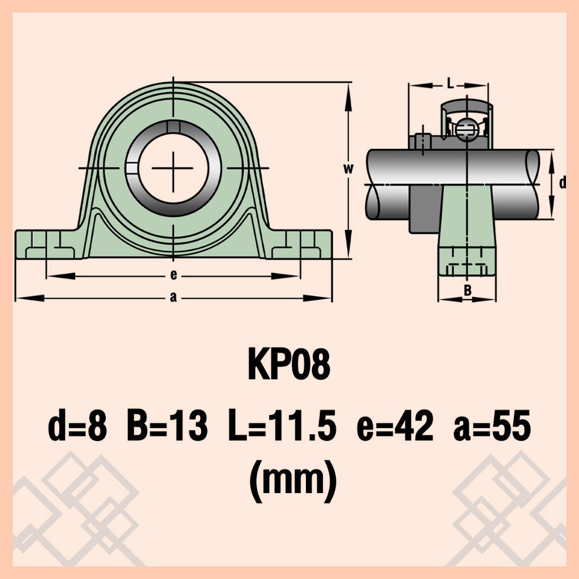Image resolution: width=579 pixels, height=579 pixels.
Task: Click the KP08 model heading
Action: coord(289,365)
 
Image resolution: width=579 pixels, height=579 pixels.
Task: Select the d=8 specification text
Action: coord(77,426)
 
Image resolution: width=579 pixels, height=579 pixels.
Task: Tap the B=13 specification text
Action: coord(167,426)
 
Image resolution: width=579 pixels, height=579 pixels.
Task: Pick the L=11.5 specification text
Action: coord(282,426)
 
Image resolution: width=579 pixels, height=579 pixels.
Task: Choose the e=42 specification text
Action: coord(395,426)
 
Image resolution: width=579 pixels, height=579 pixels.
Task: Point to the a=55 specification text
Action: coord(492,426)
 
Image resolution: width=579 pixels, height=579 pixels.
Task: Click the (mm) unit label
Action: coord(293,481)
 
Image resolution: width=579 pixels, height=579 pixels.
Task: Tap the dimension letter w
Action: coord(348,168)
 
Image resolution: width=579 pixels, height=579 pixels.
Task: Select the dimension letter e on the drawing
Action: coord(174,275)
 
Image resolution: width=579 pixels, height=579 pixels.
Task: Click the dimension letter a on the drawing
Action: coord(173,297)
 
